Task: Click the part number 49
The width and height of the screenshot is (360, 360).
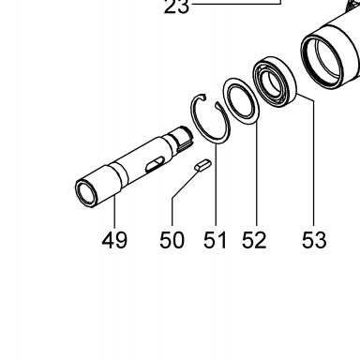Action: coord(114,240)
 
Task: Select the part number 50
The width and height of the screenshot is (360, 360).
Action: coord(172,240)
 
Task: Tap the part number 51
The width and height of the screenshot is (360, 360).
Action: coord(215,240)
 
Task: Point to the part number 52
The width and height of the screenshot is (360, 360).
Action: coord(254,240)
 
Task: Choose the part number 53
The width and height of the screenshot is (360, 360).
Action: coord(314,240)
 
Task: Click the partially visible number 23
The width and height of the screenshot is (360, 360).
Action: coord(176,7)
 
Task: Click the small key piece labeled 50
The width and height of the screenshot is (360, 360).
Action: coord(203,165)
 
